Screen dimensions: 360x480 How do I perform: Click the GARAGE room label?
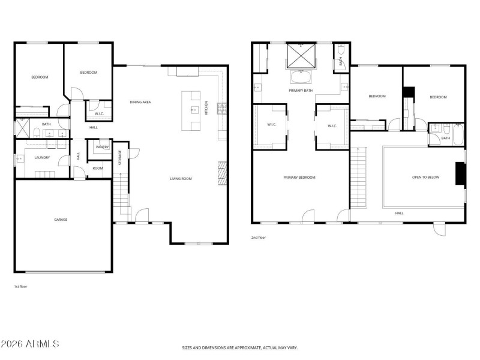pyautogui.click(x=61, y=220)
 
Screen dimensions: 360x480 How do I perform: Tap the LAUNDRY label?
pyautogui.click(x=42, y=158)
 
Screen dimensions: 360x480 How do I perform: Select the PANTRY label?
pyautogui.click(x=102, y=147)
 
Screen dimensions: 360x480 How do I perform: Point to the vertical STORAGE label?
pyautogui.click(x=119, y=158)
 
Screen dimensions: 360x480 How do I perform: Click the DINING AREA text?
pyautogui.click(x=140, y=102)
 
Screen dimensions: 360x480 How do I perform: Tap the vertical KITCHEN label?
pyautogui.click(x=207, y=108)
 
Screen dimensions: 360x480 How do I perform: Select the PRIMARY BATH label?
pyautogui.click(x=301, y=91)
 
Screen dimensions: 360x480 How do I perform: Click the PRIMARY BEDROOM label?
pyautogui.click(x=299, y=177)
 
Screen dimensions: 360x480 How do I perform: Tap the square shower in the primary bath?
pyautogui.click(x=301, y=56)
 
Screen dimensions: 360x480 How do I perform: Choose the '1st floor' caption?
pyautogui.click(x=20, y=287)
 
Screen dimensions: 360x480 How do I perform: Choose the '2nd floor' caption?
pyautogui.click(x=258, y=238)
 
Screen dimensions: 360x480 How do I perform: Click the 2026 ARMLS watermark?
pyautogui.click(x=30, y=344)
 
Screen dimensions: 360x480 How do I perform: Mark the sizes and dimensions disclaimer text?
pyautogui.click(x=240, y=347)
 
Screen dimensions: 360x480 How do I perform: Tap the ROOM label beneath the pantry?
pyautogui.click(x=97, y=168)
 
